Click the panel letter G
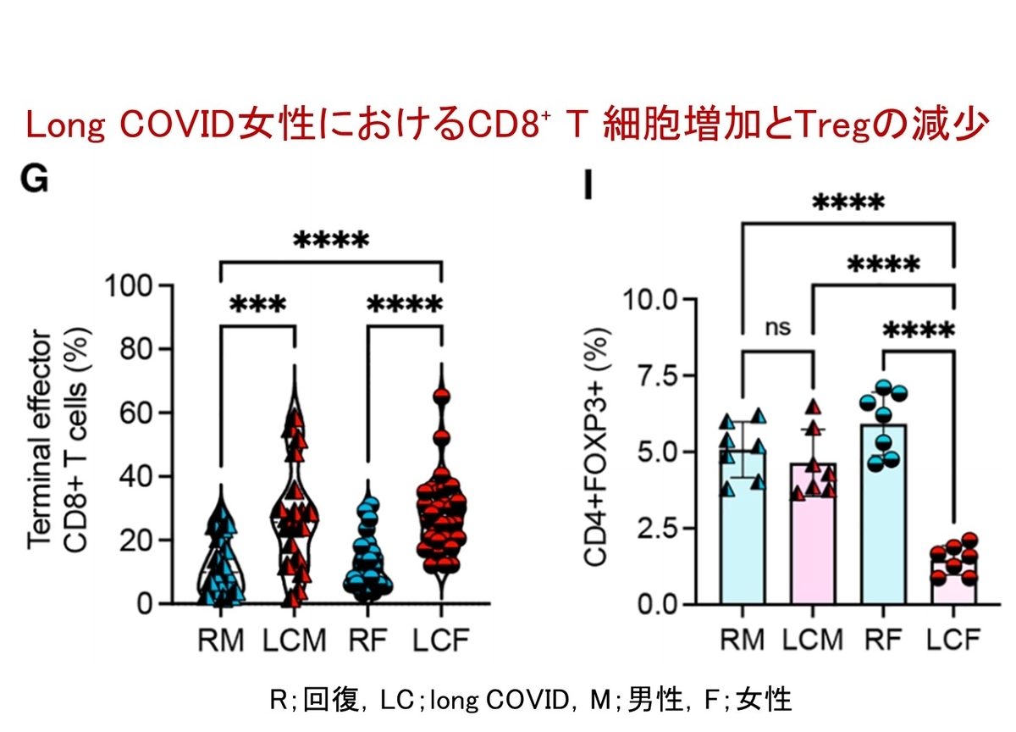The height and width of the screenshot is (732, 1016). click(35, 179)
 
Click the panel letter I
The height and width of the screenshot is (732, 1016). click(588, 185)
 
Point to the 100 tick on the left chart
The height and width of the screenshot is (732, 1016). click(128, 286)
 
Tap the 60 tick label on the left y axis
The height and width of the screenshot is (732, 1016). click(135, 413)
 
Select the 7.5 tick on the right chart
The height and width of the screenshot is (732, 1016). click(658, 376)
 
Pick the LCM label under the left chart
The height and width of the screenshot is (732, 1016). click(295, 640)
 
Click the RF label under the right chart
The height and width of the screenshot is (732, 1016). click(882, 640)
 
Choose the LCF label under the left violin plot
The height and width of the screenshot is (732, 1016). click(441, 640)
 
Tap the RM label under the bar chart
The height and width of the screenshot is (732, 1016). click(743, 640)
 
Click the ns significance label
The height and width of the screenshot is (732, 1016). click(778, 327)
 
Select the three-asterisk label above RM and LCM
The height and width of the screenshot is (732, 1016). click(258, 303)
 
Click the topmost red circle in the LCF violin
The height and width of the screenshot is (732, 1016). click(441, 396)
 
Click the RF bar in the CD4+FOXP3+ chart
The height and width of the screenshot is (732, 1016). click(883, 514)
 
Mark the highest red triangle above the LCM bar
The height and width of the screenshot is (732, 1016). click(815, 407)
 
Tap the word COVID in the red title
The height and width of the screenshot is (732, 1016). click(177, 125)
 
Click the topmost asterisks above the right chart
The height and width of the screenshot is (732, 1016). click(848, 202)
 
